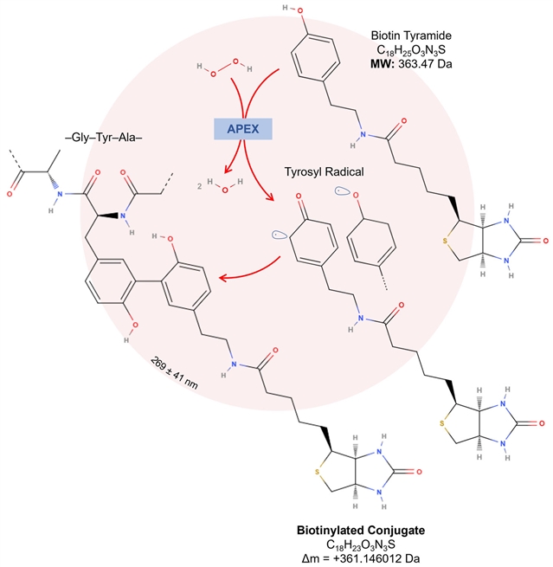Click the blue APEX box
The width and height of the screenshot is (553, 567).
(x=243, y=129)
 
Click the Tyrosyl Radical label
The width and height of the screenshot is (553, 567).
(x=324, y=171)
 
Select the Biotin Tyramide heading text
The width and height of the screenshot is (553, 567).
(x=411, y=35)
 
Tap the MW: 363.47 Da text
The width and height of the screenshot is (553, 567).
(x=411, y=64)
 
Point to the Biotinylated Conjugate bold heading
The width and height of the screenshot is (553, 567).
(x=361, y=530)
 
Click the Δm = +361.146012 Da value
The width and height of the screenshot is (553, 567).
(x=361, y=558)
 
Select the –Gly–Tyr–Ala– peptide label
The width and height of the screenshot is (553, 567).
(x=104, y=138)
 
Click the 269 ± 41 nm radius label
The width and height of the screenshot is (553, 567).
(x=174, y=373)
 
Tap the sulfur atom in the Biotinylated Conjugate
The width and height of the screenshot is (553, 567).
(x=317, y=472)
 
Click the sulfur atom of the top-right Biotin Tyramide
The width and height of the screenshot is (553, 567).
(x=445, y=241)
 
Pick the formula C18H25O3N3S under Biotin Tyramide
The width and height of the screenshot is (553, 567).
(x=411, y=50)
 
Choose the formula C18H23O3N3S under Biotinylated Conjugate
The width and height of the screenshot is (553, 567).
(x=361, y=544)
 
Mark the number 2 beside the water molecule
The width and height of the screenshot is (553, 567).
(x=200, y=187)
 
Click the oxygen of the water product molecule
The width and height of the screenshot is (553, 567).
(x=225, y=190)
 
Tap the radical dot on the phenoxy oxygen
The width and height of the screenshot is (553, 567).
(x=339, y=190)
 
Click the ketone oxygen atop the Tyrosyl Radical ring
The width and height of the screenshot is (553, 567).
(x=299, y=196)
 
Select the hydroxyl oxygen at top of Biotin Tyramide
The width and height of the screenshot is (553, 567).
(x=299, y=11)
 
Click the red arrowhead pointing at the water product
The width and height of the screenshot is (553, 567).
(x=227, y=169)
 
